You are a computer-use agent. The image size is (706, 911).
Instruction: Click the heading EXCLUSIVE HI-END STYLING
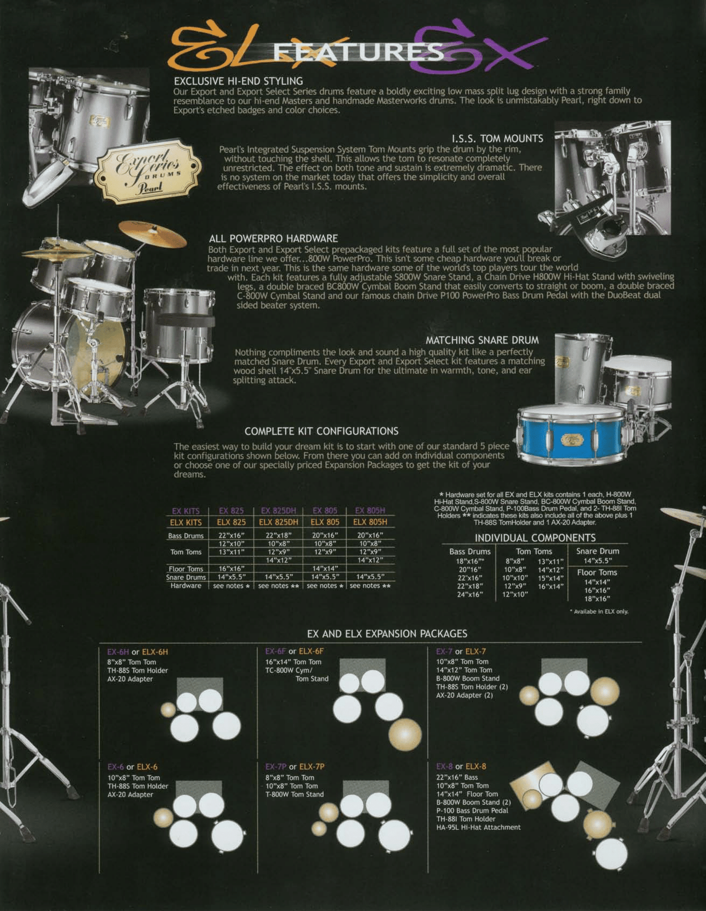(238, 81)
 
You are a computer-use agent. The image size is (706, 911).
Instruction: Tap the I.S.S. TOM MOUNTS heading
(497, 138)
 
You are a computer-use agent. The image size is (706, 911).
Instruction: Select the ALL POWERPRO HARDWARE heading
(273, 238)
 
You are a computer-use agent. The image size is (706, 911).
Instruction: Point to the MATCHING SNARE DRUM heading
(482, 340)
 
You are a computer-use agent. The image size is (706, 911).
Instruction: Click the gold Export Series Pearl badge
(148, 171)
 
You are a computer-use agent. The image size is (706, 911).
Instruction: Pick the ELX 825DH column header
(278, 522)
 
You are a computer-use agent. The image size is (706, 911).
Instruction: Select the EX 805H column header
(370, 510)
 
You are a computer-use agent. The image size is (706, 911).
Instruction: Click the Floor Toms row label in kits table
(186, 569)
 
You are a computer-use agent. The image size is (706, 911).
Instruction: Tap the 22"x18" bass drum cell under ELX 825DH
(278, 535)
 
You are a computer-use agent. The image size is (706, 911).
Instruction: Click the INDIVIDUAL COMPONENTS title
(535, 538)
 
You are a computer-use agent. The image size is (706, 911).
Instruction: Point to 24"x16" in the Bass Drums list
(470, 594)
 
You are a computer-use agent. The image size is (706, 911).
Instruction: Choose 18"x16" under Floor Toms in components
(597, 598)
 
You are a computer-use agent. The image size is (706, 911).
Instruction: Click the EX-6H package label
(118, 652)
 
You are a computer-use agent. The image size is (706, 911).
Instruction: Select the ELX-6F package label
(311, 651)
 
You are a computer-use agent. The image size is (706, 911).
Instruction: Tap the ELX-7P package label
(312, 766)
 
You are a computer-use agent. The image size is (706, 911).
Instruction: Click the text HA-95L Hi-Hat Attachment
(478, 827)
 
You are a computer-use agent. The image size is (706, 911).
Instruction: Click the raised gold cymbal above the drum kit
(152, 234)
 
